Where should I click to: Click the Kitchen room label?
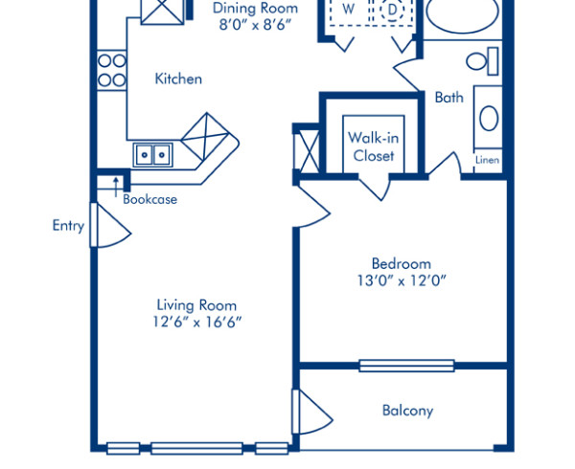(x=178, y=78)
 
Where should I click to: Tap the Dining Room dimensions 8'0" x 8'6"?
(x=254, y=8)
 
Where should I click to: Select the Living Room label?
(x=196, y=305)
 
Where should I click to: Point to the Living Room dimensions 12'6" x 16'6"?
(x=197, y=323)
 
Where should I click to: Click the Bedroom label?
(x=401, y=263)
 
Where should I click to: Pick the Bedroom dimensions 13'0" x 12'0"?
(x=401, y=280)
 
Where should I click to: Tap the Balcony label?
(x=407, y=411)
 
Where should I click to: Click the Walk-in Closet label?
(x=373, y=146)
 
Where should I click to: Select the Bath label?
(x=448, y=97)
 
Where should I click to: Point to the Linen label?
(x=488, y=161)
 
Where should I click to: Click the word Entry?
(x=68, y=227)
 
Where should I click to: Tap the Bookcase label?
(x=149, y=199)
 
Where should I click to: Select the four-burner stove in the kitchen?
(x=112, y=70)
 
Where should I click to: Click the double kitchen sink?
(x=152, y=154)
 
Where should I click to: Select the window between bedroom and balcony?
(x=406, y=365)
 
